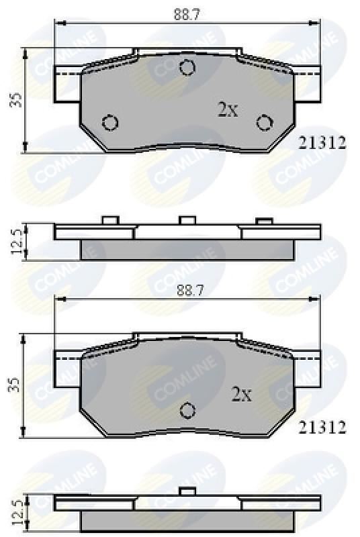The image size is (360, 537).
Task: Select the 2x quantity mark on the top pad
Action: pos(228,110)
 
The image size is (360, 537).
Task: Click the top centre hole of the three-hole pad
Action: pos(187,66)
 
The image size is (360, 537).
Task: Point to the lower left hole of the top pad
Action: pos(110,122)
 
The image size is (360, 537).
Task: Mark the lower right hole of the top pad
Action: pos(265,122)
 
